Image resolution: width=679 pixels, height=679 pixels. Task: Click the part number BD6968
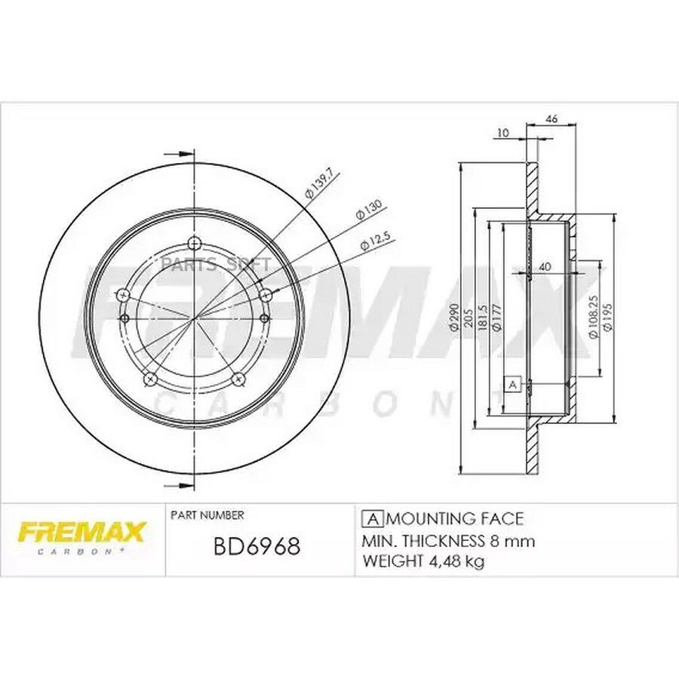point(257,546)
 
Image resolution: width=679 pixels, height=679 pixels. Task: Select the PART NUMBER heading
point(207,515)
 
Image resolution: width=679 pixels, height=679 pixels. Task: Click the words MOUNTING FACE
point(455,519)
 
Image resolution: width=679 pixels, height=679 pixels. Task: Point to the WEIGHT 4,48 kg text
point(423,561)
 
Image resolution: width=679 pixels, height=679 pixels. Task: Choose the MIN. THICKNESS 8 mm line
point(448,540)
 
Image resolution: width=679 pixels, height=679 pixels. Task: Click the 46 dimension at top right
point(551,118)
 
